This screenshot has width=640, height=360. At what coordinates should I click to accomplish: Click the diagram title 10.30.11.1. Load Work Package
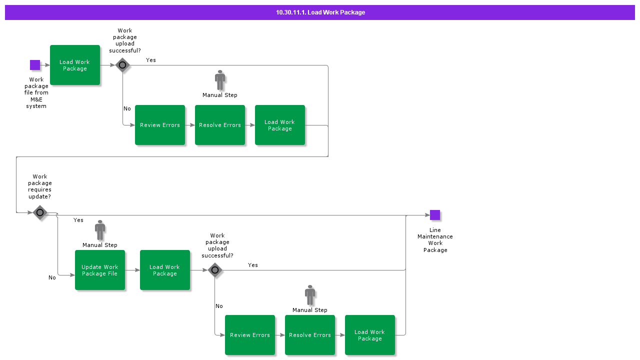click(320, 12)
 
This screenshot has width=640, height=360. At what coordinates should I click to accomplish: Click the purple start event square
click(35, 65)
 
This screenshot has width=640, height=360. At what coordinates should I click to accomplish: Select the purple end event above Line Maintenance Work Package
click(435, 215)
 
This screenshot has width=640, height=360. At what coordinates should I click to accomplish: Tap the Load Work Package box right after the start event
click(75, 65)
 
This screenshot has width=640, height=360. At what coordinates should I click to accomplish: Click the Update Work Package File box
click(100, 270)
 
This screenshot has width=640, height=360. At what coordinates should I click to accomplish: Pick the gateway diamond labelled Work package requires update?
click(40, 212)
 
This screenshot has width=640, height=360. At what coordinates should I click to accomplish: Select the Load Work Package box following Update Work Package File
click(165, 270)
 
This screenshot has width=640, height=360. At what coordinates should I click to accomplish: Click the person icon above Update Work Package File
click(100, 230)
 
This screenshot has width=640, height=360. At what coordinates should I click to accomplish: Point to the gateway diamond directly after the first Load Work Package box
click(122, 65)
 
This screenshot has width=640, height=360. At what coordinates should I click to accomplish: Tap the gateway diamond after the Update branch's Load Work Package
click(215, 270)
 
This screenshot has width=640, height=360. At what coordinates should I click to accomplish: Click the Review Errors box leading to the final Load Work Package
click(250, 335)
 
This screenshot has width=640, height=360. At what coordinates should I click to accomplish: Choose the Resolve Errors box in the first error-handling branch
click(220, 125)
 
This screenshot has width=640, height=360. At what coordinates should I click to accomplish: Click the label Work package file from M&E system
click(36, 93)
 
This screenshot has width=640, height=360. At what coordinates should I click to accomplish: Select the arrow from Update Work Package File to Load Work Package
click(132, 270)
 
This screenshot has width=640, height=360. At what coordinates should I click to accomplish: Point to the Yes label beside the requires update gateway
click(78, 220)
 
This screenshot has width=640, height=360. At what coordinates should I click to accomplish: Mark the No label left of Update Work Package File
click(52, 277)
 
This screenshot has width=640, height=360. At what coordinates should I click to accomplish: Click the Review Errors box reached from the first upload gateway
click(160, 125)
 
